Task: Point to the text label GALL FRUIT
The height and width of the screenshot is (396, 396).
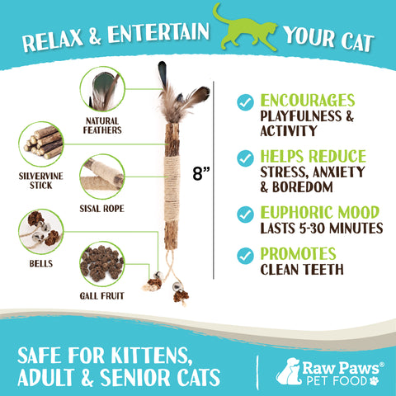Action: click(x=103, y=296)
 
